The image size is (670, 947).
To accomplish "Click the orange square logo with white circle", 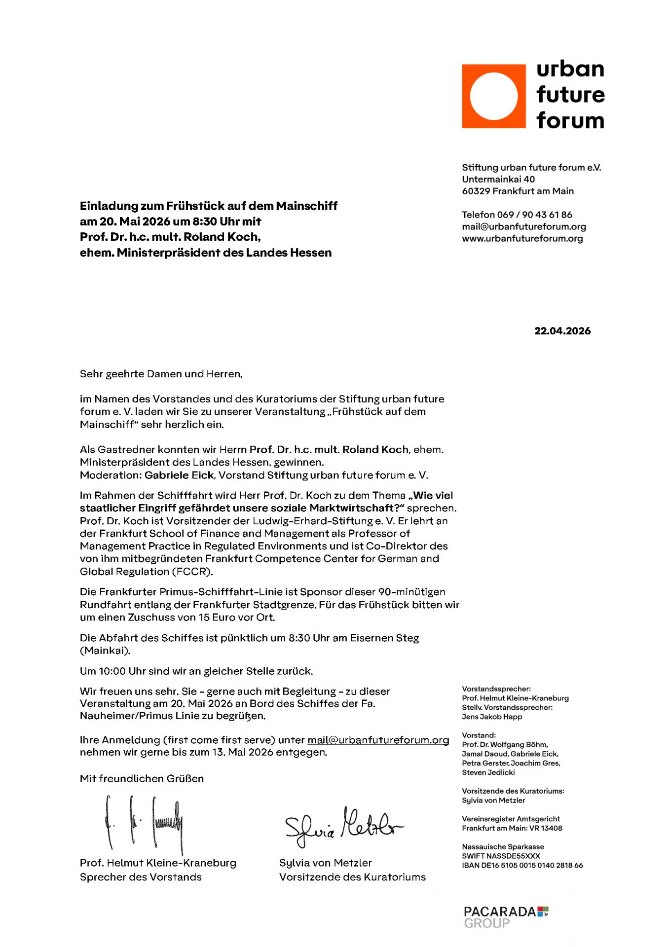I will coord(493,96).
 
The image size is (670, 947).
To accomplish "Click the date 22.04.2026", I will coord(562,331).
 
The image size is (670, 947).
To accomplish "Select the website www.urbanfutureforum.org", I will coord(522,238).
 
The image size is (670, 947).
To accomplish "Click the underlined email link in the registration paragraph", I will coord(378,740).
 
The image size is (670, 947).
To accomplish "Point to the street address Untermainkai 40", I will coord(498,179).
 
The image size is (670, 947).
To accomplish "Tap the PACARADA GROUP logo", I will coord(506,917).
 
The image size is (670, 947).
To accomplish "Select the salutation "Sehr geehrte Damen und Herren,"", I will coord(161,374).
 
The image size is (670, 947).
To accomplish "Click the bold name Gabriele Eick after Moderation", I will coord(179,475).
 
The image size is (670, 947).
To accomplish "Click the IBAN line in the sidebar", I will coord(522,865).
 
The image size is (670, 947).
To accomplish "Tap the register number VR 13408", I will coord(546,828).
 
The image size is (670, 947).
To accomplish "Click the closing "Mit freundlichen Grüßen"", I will coord(142,778).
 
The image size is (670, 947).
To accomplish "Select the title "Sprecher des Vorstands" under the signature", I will coord(141,877).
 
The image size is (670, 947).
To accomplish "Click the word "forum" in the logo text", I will coord(570,120).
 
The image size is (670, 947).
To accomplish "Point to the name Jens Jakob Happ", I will coord(492,717).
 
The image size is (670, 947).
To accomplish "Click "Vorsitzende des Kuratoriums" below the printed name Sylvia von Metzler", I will coord(352,877).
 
